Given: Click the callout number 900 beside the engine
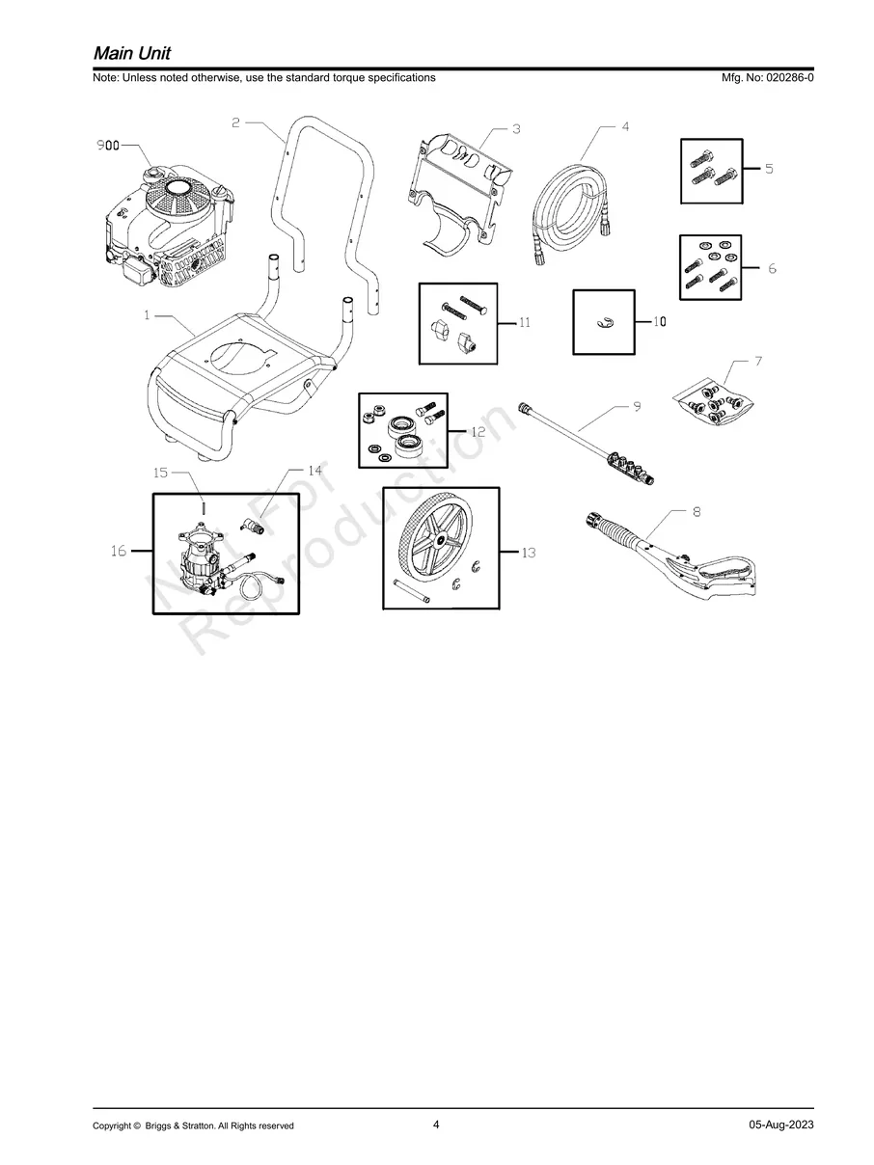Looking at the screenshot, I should (109, 146).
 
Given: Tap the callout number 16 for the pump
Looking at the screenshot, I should (119, 551).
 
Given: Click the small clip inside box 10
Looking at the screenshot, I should (605, 322).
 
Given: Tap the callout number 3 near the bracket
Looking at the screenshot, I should (516, 128).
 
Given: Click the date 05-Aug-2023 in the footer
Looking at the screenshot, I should (780, 1125).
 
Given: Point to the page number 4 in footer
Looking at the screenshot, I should (436, 1124).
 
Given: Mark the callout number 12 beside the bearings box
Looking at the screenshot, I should (478, 432).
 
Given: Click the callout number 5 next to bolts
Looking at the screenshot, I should (769, 169).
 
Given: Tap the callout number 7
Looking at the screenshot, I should (758, 362).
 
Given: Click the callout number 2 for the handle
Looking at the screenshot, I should (236, 122).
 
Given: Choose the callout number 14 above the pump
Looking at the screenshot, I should (315, 470).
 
